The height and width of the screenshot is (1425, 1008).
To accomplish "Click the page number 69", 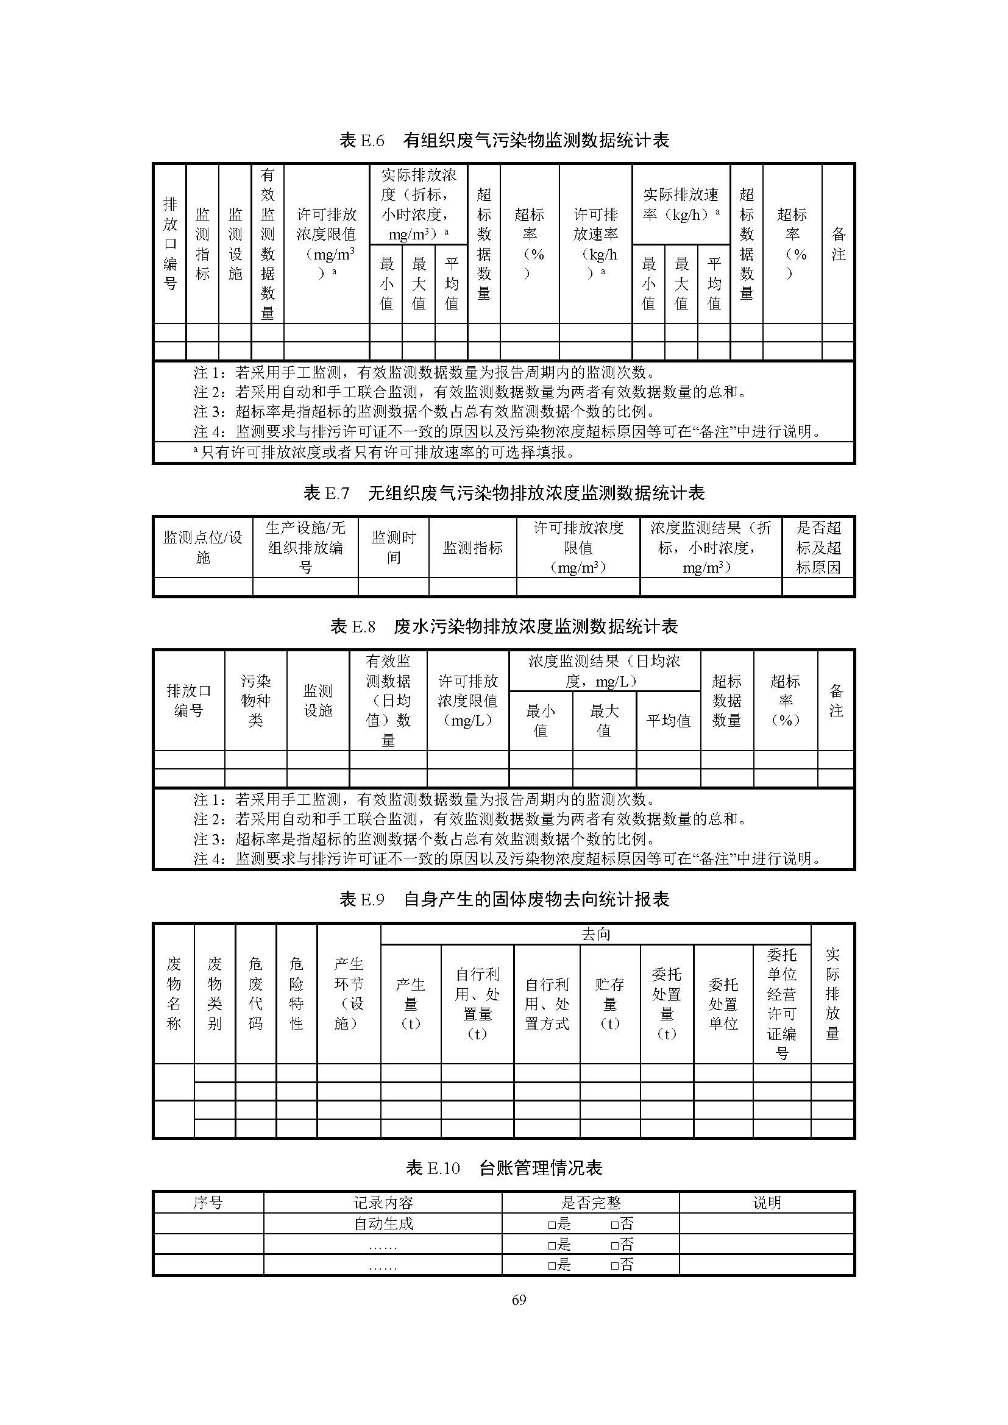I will point(519,1299).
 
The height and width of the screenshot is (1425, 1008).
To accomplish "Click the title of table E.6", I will point(504,140).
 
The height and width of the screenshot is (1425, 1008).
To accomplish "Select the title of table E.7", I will point(504,493).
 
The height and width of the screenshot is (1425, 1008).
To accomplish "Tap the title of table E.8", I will point(504,626).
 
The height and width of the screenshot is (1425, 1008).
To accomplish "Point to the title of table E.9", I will point(504,899).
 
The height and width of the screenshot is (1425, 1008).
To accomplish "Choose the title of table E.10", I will point(504,1168).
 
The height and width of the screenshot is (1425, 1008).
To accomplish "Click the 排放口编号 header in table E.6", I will point(170,244).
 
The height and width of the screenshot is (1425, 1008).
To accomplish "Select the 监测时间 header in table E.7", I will point(394,548).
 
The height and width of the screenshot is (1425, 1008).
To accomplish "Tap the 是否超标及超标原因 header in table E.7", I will point(818,548).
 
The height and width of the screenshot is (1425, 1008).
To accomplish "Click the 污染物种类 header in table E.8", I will point(256,701).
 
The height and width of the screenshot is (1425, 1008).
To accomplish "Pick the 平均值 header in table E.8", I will point(669,721).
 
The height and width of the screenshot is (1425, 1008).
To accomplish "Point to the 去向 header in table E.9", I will point(596,934).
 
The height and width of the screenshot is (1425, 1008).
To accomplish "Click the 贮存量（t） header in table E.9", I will point(609,1003).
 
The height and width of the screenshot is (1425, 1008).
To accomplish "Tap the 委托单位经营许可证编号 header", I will point(781,1003).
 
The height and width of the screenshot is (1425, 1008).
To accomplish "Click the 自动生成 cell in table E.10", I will point(383,1223).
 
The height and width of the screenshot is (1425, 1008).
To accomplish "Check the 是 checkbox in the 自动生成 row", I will point(551,1224).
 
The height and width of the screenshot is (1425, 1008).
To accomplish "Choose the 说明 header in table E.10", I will point(767,1203).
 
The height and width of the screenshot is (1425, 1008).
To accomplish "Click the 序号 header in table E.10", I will point(208,1203).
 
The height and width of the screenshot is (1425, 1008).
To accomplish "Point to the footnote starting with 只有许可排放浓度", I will point(385,453).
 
